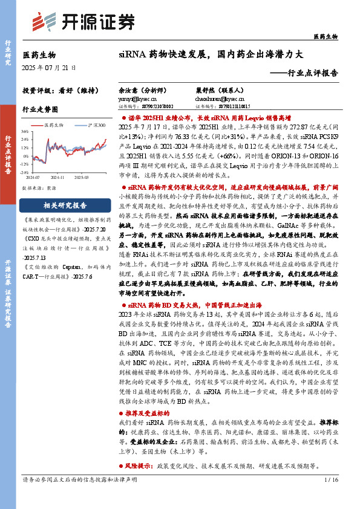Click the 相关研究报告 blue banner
coord(65,204)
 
